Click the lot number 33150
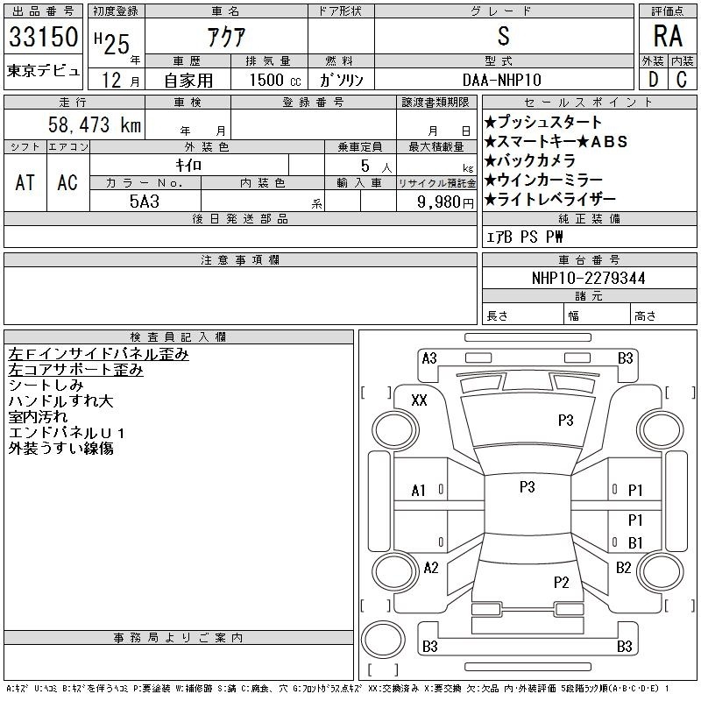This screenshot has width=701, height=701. [x=43, y=37]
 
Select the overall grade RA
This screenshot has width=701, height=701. [x=668, y=36]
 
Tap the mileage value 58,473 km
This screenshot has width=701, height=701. [x=95, y=124]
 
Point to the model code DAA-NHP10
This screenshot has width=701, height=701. [x=502, y=80]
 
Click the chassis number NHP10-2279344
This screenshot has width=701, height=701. [x=588, y=278]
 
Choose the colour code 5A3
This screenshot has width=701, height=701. [x=145, y=202]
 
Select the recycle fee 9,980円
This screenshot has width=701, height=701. [x=445, y=202]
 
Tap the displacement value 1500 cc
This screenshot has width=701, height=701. [x=275, y=80]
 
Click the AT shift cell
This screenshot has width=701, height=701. [x=25, y=182]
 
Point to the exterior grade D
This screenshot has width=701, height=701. [x=653, y=80]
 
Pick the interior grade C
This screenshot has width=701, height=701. [x=682, y=80]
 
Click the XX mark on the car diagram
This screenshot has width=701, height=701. [x=419, y=400]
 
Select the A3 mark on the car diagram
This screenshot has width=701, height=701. [x=429, y=358]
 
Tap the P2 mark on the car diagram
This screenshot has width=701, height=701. [x=561, y=582]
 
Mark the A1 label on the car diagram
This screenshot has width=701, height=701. [x=419, y=491]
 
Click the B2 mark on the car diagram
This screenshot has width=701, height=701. [x=624, y=568]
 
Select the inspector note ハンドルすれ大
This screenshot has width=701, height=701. [x=60, y=401]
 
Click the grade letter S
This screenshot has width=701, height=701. [x=503, y=36]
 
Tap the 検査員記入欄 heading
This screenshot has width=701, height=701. [x=178, y=336]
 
